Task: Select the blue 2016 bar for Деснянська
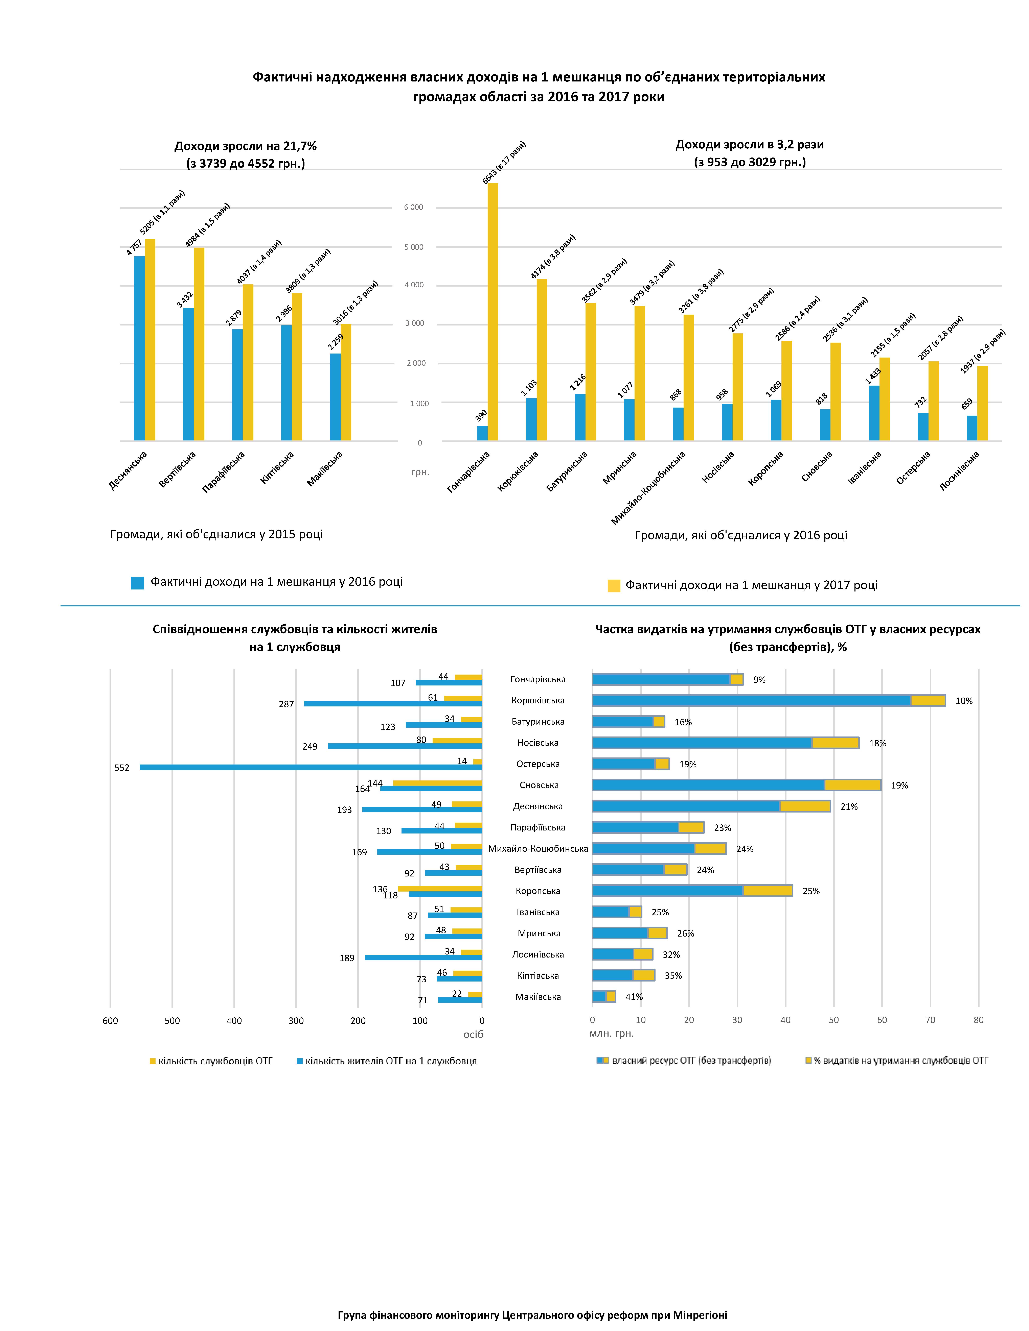click(140, 349)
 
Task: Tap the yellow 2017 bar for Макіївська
click(346, 382)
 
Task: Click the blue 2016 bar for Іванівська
click(874, 413)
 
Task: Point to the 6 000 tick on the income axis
click(413, 207)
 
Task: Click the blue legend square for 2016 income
click(137, 583)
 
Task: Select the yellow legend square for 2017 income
click(614, 586)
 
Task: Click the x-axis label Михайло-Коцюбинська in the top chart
click(649, 488)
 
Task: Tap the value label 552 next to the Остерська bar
click(122, 768)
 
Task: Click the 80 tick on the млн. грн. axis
click(978, 1020)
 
